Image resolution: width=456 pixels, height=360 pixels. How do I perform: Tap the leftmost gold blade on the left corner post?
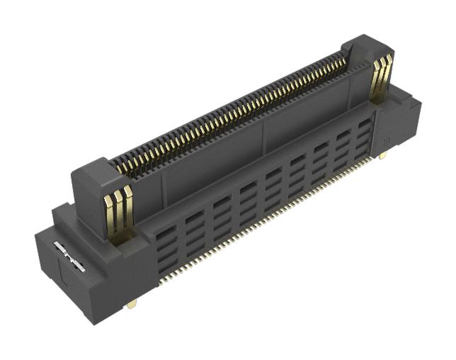(110, 213)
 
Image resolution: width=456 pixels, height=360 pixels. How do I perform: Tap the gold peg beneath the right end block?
(382, 155)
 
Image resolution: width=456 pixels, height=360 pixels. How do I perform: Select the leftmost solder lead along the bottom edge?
(161, 282)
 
